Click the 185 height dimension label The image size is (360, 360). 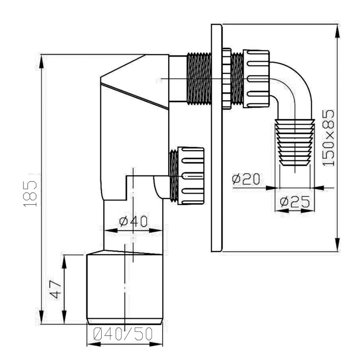pyautogui.click(x=30, y=193)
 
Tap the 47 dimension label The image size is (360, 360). pyautogui.click(x=55, y=289)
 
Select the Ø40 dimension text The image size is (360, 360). pyautogui.click(x=133, y=221)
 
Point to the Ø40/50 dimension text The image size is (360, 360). pyautogui.click(x=123, y=334)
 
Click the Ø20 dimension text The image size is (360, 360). pyautogui.click(x=246, y=179)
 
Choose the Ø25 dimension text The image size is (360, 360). pyautogui.click(x=295, y=202)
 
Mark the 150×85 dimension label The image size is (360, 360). pyautogui.click(x=328, y=138)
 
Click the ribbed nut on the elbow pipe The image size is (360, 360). pyautogui.click(x=256, y=79)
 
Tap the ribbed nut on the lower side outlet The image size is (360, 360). pyautogui.click(x=191, y=176)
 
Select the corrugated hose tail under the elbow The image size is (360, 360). pyautogui.click(x=295, y=142)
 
